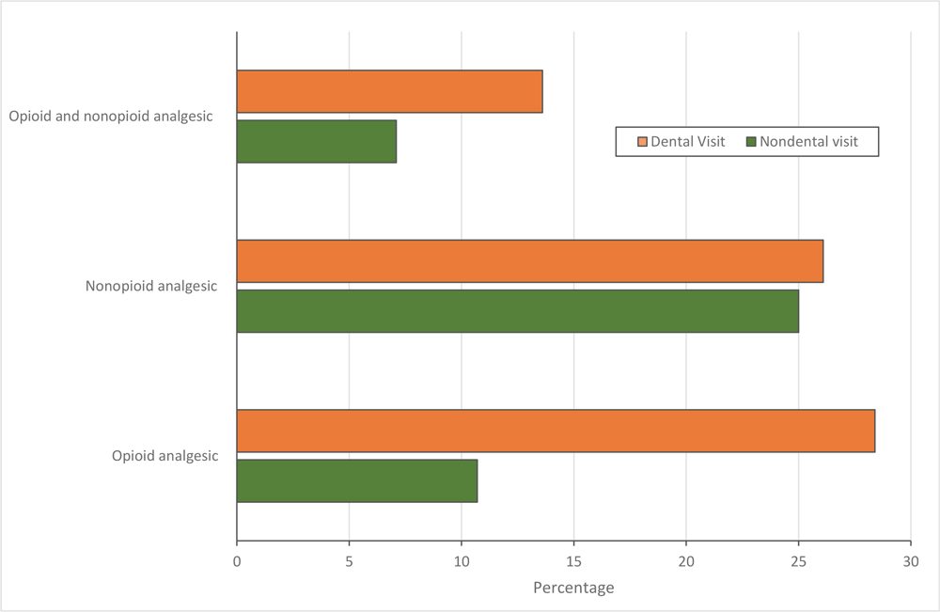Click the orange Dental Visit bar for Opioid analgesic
pyautogui.click(x=556, y=431)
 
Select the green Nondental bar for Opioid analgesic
pyautogui.click(x=357, y=480)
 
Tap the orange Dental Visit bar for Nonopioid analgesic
pyautogui.click(x=530, y=260)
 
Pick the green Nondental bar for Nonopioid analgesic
pyautogui.click(x=518, y=311)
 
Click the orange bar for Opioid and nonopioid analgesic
pyautogui.click(x=389, y=91)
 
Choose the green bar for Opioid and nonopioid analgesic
pyautogui.click(x=317, y=141)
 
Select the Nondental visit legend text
pyautogui.click(x=808, y=142)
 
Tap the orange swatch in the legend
pyautogui.click(x=643, y=142)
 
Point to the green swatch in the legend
pyautogui.click(x=750, y=142)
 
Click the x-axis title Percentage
pyautogui.click(x=573, y=588)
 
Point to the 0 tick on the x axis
pyautogui.click(x=237, y=561)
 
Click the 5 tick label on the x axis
pyautogui.click(x=349, y=561)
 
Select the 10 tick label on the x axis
pyautogui.click(x=462, y=561)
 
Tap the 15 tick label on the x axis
pyautogui.click(x=573, y=561)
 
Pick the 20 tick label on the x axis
pyautogui.click(x=686, y=561)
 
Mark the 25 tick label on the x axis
pyautogui.click(x=798, y=561)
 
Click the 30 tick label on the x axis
pyautogui.click(x=910, y=561)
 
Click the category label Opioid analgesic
pyautogui.click(x=164, y=456)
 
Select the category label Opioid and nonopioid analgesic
pyautogui.click(x=111, y=117)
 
